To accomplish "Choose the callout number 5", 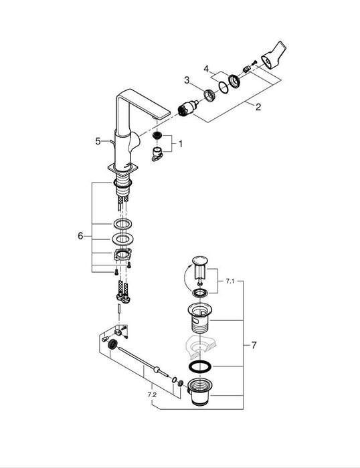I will tap(98, 141).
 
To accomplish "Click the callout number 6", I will tap(81, 236).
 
